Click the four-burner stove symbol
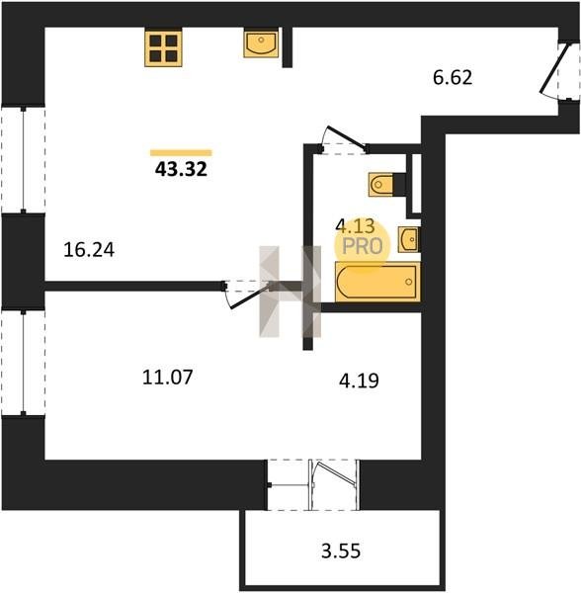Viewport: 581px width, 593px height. click(x=163, y=48)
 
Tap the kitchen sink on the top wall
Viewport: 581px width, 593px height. click(x=261, y=42)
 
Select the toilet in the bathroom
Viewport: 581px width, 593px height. click(x=387, y=185)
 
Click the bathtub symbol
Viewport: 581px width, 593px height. click(x=377, y=282)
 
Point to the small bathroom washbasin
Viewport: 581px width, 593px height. click(x=408, y=239)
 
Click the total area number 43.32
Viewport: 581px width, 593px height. click(x=181, y=169)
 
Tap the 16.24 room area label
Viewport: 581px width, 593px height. click(x=89, y=250)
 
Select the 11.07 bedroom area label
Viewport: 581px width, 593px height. click(x=167, y=378)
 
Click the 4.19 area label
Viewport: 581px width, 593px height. click(x=359, y=381)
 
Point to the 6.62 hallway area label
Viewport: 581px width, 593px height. click(x=453, y=77)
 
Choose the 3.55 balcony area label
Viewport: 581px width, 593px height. click(x=341, y=551)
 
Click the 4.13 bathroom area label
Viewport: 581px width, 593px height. click(x=355, y=226)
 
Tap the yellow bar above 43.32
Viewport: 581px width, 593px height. click(x=181, y=153)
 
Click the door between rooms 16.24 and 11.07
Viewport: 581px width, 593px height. click(x=248, y=294)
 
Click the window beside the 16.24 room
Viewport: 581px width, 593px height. click(x=24, y=159)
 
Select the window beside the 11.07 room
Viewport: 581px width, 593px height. click(x=24, y=363)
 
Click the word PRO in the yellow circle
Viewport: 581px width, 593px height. click(x=362, y=246)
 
